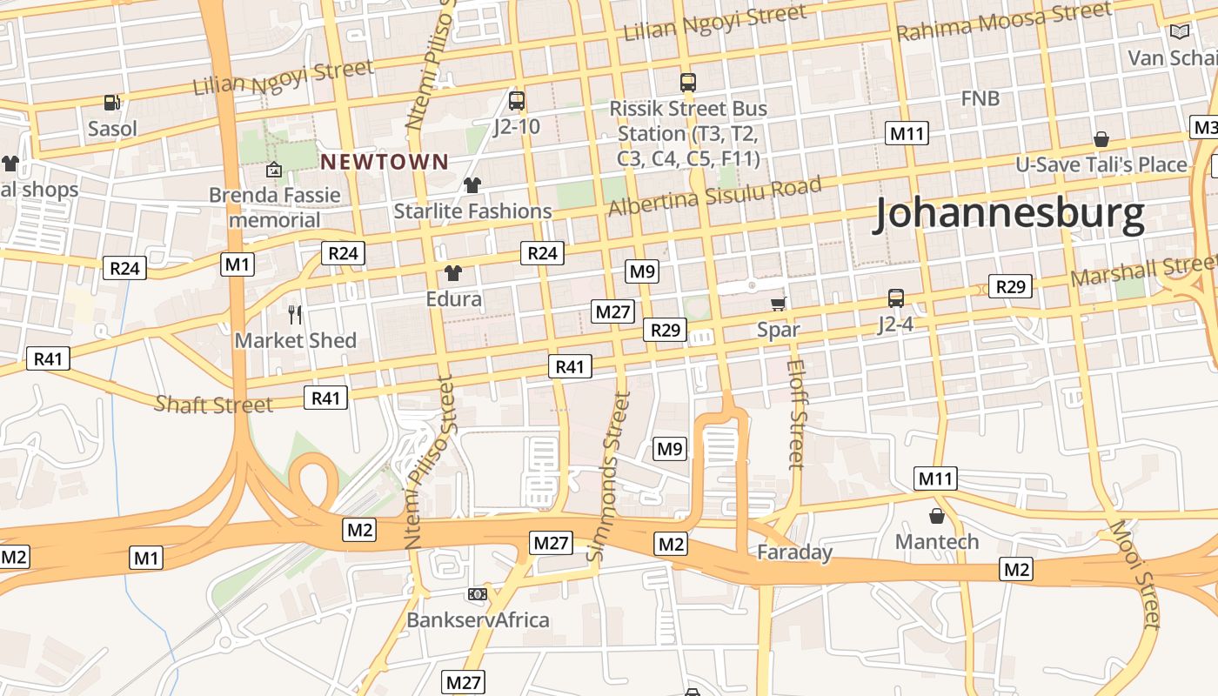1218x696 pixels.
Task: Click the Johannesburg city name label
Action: [1008, 214]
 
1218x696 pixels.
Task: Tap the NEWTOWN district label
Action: [385, 161]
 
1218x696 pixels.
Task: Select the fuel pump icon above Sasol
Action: [112, 103]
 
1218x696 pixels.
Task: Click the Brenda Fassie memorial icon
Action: [275, 169]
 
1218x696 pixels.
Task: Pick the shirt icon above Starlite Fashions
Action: [472, 184]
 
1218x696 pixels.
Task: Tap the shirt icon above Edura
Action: [452, 273]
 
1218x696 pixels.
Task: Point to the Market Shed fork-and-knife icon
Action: [295, 314]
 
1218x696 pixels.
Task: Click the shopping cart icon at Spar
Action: [779, 304]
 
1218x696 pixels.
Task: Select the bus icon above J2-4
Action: [896, 298]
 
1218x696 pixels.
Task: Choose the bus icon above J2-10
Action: [517, 101]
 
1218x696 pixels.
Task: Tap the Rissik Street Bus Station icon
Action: [688, 83]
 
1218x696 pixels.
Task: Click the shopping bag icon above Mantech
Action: [937, 516]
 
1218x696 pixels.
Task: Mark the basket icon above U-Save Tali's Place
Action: [1101, 139]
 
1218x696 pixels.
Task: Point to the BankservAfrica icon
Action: [477, 593]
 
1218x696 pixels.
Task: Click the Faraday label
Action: [794, 552]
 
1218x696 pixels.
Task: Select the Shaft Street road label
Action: [213, 404]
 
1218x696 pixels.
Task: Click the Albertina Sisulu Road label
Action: [714, 197]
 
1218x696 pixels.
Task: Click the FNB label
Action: [980, 98]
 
